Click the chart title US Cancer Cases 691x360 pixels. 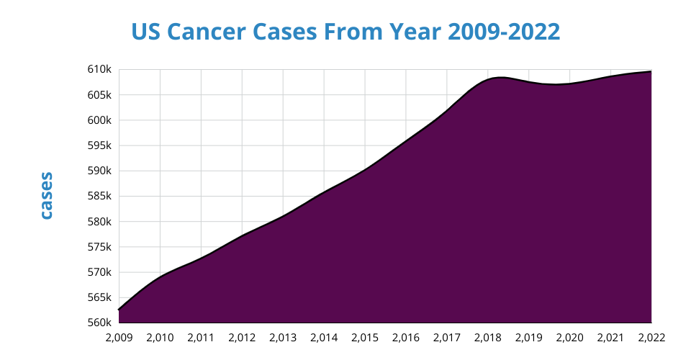345,32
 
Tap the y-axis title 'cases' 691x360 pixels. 46,195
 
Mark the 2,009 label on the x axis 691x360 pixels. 119,337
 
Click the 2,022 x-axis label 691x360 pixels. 651,337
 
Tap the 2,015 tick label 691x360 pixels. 365,337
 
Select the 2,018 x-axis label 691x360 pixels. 487,337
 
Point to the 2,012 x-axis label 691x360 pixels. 242,337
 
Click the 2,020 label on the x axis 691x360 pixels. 569,337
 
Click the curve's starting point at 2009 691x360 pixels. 119,310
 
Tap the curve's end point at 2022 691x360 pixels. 651,71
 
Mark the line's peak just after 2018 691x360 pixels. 501,76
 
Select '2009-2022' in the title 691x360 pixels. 504,32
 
